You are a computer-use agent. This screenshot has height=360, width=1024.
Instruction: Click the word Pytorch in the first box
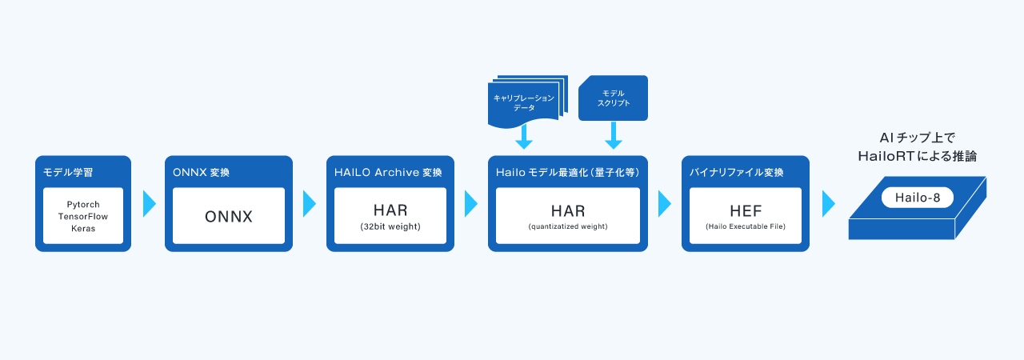point(82,205)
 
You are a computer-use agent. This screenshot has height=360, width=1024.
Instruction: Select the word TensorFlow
point(82,216)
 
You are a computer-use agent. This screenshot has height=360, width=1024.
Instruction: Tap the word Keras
point(82,228)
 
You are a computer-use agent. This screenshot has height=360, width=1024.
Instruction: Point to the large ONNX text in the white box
point(229,216)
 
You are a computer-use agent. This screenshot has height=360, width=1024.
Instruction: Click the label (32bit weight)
point(390,227)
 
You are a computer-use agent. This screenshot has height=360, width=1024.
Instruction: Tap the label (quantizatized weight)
point(568,227)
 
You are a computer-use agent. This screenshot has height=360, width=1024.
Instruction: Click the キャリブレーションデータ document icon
point(524,102)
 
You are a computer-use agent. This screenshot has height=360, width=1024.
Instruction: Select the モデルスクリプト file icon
point(613,98)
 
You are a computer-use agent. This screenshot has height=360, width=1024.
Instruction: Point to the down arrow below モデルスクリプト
point(614,136)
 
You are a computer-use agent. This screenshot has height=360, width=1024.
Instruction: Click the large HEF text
point(746,212)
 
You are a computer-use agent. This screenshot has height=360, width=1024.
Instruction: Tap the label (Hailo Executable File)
point(746,227)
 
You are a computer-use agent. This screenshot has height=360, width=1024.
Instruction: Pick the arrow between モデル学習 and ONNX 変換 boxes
point(149,204)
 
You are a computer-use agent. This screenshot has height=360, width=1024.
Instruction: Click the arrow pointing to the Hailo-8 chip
point(828,204)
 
